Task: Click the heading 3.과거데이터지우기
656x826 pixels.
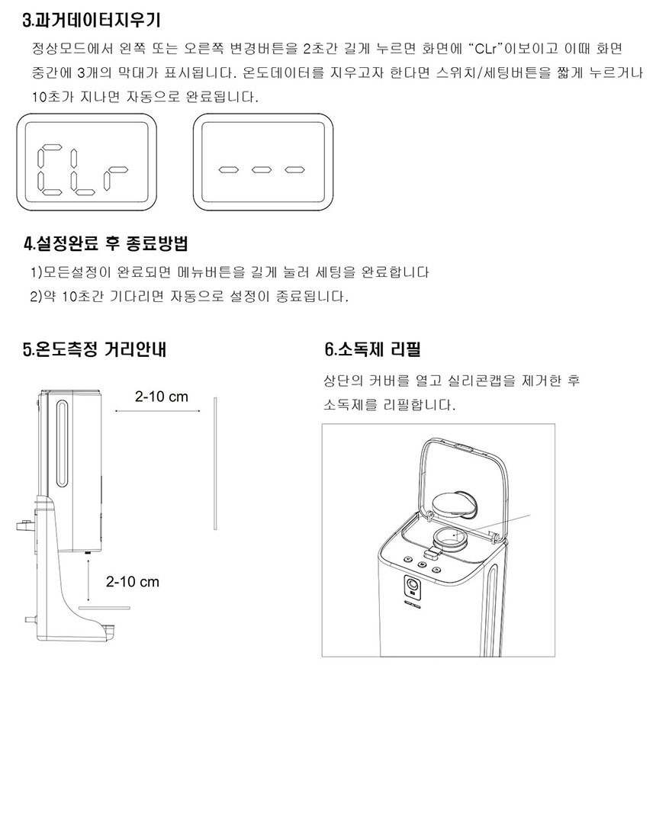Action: [x=92, y=20]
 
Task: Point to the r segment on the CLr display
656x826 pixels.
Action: [x=115, y=180]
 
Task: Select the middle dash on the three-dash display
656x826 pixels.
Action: [x=262, y=169]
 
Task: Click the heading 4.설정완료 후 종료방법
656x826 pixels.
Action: [x=106, y=243]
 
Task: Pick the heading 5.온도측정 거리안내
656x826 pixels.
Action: [x=95, y=349]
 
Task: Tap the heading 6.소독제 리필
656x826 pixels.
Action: [x=372, y=349]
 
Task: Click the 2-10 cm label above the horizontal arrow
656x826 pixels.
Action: [x=161, y=397]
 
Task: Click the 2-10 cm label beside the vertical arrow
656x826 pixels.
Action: [x=132, y=582]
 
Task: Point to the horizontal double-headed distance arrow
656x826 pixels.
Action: [x=158, y=411]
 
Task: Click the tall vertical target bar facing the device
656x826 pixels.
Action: [x=216, y=464]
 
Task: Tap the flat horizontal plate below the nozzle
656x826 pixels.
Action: [x=105, y=608]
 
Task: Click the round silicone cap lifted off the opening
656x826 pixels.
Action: [x=456, y=503]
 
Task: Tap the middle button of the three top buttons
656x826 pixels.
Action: [x=422, y=564]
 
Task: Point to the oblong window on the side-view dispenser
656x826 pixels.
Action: [x=62, y=445]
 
